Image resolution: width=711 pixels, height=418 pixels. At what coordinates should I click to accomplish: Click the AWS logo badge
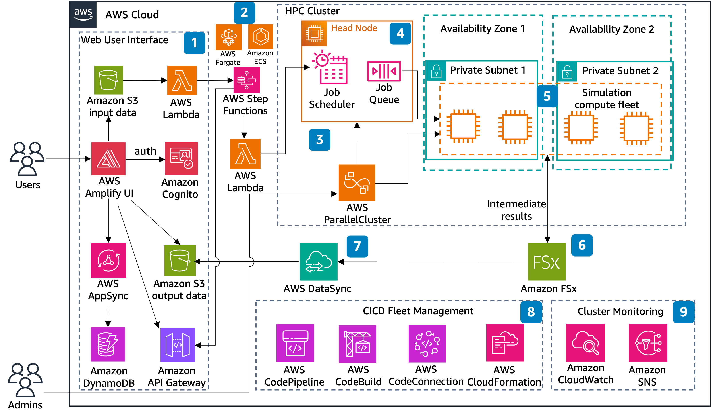click(83, 14)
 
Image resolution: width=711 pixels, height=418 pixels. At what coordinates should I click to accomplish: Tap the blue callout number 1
click(194, 43)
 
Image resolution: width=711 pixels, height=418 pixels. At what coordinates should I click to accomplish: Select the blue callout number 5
click(547, 96)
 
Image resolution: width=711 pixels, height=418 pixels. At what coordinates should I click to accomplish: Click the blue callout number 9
click(683, 312)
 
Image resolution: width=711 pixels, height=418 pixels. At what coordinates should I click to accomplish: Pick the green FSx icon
click(547, 262)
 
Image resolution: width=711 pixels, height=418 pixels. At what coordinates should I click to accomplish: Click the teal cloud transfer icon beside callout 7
click(318, 262)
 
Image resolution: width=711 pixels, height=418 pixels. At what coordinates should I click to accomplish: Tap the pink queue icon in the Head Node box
click(384, 71)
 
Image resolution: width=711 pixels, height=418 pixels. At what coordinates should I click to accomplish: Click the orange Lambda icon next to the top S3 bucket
click(182, 80)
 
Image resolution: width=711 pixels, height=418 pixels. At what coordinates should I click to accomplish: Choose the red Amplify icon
click(108, 159)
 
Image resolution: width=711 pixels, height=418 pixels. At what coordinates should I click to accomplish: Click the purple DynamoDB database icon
click(108, 344)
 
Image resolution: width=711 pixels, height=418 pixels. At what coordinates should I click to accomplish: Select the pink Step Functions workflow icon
click(246, 80)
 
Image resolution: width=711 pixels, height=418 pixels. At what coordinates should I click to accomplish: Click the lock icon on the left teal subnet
click(436, 71)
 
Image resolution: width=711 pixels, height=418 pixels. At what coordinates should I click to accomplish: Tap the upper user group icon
click(27, 159)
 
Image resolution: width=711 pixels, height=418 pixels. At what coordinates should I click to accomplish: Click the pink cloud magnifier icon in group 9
click(585, 343)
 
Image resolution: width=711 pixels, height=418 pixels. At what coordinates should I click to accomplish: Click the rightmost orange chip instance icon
click(636, 128)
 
